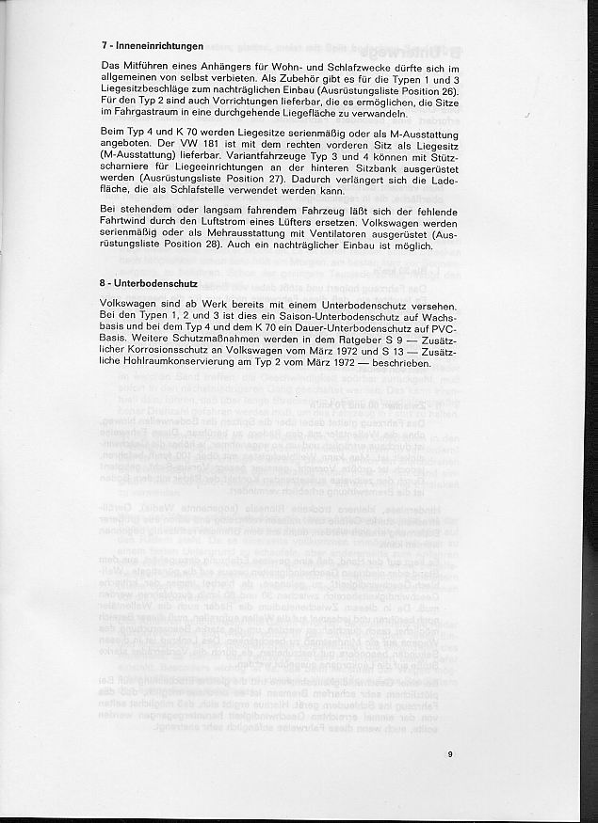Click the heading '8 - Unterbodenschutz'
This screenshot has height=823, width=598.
coord(147,282)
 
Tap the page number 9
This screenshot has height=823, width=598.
coord(451,752)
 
